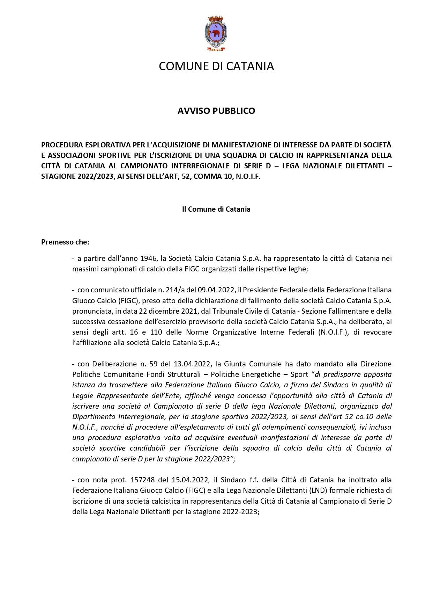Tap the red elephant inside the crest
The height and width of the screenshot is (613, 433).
pyautogui.click(x=215, y=34)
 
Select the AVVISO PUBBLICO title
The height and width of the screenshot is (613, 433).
pyautogui.click(x=216, y=111)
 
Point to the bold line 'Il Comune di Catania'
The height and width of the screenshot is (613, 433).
pyautogui.click(x=216, y=209)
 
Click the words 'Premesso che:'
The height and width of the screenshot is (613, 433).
pyautogui.click(x=65, y=242)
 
